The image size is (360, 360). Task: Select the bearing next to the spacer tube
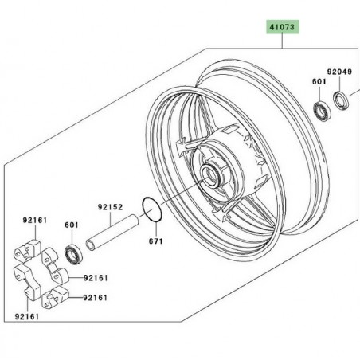[74, 253]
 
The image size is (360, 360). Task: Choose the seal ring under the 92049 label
[340, 101]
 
